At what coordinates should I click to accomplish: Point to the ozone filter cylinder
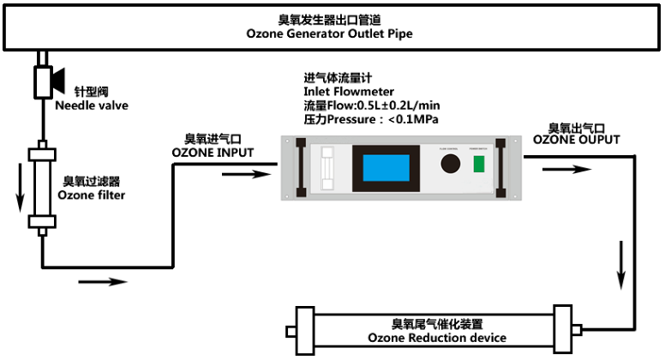39,189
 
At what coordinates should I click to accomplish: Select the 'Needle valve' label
92,106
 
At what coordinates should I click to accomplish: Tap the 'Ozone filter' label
92,195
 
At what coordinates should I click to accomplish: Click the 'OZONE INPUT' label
213,153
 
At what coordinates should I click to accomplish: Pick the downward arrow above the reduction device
620,267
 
